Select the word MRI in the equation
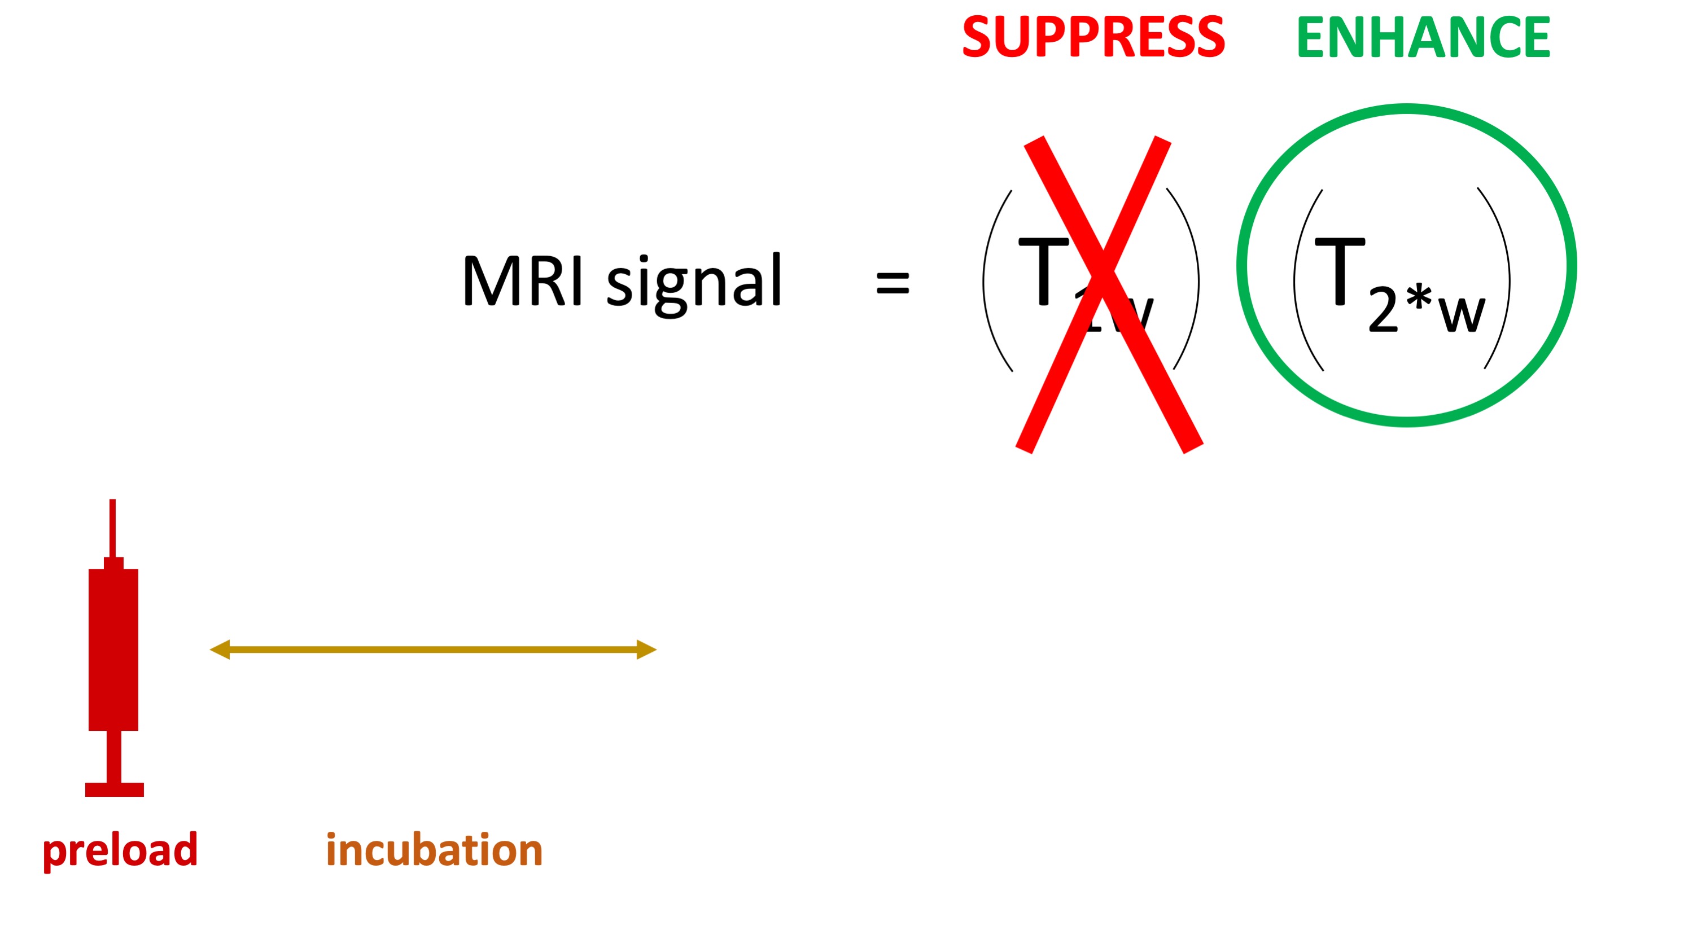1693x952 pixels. (x=523, y=280)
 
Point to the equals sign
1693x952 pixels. (x=893, y=283)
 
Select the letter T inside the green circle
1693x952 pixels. (x=1340, y=271)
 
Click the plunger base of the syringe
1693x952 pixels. (x=115, y=789)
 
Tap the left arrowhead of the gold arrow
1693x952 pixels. (x=221, y=650)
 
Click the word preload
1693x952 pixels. (x=120, y=850)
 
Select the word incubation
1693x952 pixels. (x=434, y=850)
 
